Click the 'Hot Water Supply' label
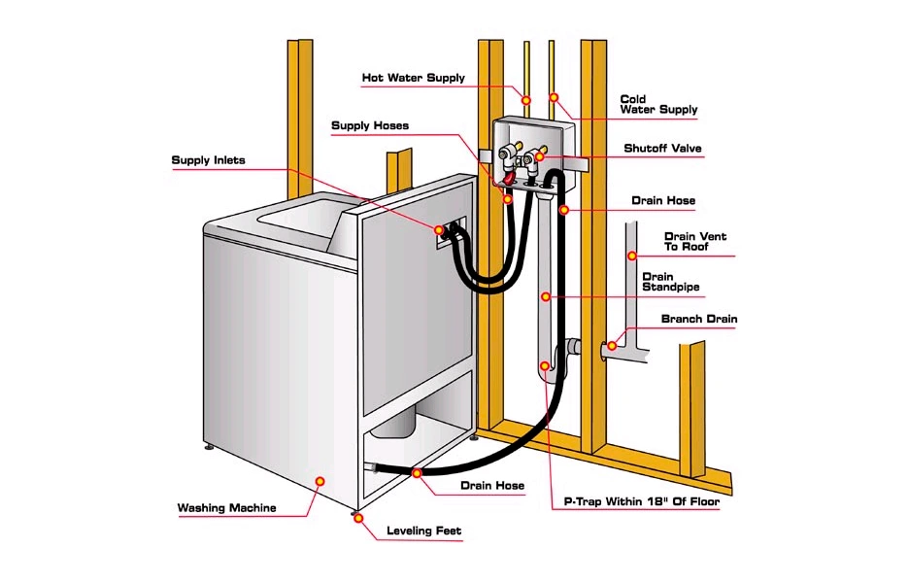[413, 78]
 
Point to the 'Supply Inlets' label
[208, 160]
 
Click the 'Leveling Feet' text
[423, 532]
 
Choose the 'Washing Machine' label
[226, 508]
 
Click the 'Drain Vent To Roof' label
[694, 242]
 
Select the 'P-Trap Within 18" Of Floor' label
[641, 503]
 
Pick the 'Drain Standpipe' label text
[670, 282]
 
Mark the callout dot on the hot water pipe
[525, 99]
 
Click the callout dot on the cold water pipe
[554, 97]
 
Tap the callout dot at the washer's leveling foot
[358, 518]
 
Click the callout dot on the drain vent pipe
[630, 257]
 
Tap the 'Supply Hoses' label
[369, 126]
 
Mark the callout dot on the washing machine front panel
[320, 480]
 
